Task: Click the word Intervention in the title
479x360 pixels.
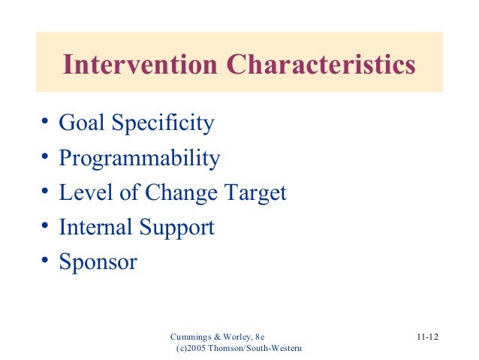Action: tap(141, 65)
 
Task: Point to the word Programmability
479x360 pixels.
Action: tap(140, 159)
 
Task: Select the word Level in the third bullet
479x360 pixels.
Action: tap(81, 192)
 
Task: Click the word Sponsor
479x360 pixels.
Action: tap(98, 262)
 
